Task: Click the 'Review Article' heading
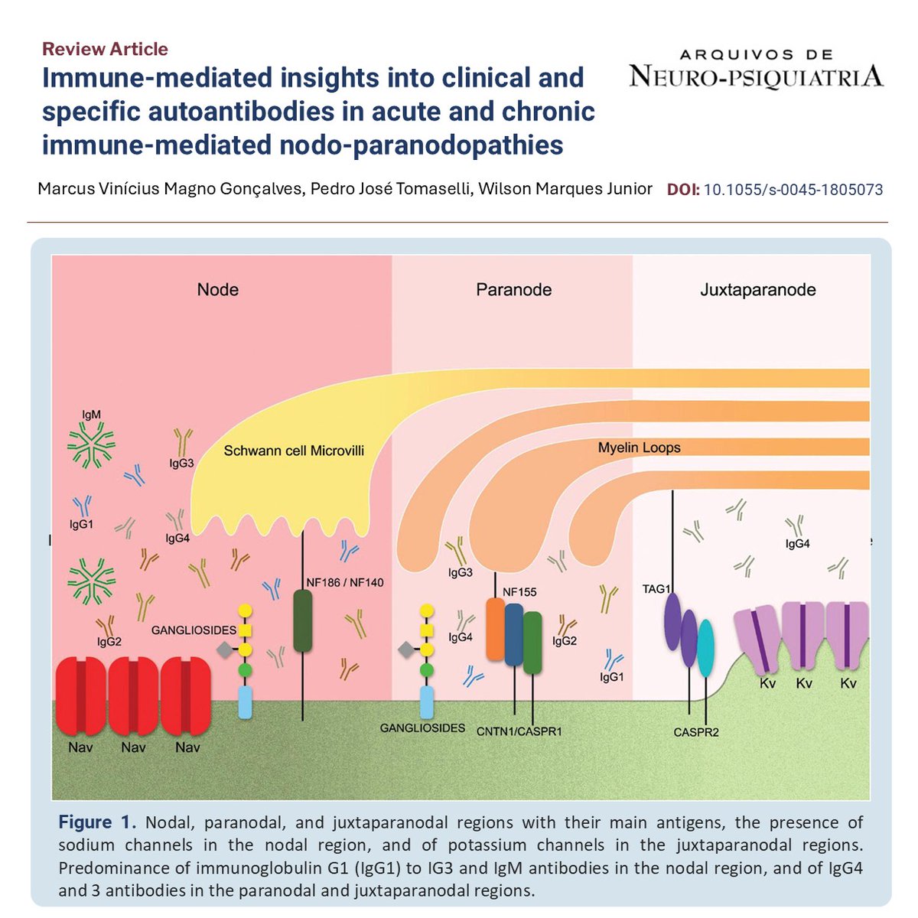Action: (105, 49)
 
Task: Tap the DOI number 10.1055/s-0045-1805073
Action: (793, 189)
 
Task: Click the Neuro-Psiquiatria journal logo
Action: (756, 68)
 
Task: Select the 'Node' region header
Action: (218, 289)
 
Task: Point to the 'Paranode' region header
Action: (513, 289)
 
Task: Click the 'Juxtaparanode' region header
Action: (757, 289)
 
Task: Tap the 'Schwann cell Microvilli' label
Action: (294, 451)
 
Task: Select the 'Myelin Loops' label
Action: (639, 448)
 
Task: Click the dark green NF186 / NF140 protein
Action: (303, 620)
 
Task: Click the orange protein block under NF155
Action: (496, 630)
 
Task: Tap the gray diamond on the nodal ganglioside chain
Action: (224, 650)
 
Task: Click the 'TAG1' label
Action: (656, 589)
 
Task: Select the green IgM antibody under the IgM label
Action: (91, 447)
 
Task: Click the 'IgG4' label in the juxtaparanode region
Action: (798, 544)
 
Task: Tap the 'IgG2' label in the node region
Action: (109, 642)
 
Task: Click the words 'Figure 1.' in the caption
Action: (97, 823)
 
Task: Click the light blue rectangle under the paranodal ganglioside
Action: (427, 702)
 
